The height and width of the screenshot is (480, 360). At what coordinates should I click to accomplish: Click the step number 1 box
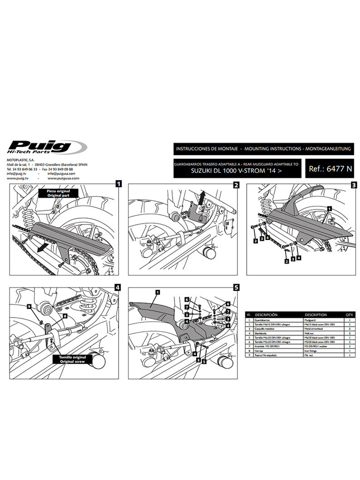[118, 183]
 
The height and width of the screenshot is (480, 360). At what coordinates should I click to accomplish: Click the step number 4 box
[118, 288]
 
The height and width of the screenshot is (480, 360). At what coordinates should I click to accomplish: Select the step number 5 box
[236, 288]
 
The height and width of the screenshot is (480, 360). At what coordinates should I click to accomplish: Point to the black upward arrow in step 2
[202, 197]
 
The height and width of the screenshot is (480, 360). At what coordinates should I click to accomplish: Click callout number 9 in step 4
[29, 306]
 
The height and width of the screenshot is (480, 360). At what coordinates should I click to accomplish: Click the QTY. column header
[349, 315]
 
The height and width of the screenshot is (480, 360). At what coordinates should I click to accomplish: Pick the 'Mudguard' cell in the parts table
[312, 320]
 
